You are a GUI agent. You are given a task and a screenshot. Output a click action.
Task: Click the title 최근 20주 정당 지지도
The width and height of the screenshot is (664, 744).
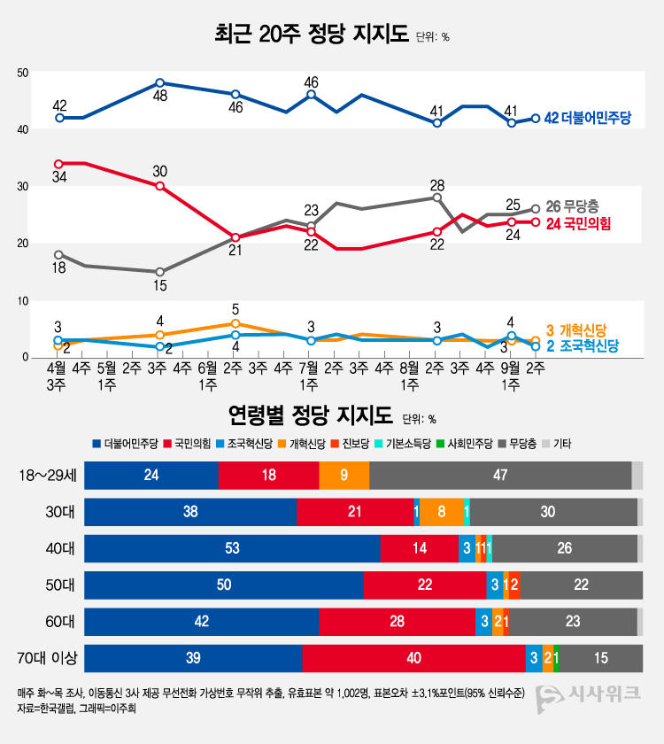(312, 35)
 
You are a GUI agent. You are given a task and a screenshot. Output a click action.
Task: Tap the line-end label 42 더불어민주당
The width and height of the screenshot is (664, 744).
(592, 119)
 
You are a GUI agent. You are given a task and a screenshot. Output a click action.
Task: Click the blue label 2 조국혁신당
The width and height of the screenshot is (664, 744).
(582, 346)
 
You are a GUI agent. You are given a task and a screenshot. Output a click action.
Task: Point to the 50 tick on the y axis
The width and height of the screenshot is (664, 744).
(23, 73)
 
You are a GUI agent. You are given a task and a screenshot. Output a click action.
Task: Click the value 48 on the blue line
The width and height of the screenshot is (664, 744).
(160, 96)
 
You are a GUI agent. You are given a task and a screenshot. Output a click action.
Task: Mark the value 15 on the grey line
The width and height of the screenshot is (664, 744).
(160, 286)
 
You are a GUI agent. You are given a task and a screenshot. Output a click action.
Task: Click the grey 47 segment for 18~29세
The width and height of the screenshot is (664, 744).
(500, 476)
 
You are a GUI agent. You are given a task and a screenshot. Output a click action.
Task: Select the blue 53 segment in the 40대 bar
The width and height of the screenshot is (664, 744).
(232, 549)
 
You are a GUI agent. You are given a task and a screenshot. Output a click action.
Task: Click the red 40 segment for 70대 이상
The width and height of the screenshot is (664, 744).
(413, 659)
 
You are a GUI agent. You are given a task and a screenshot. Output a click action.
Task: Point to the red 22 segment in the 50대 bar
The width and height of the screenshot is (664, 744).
(425, 585)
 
